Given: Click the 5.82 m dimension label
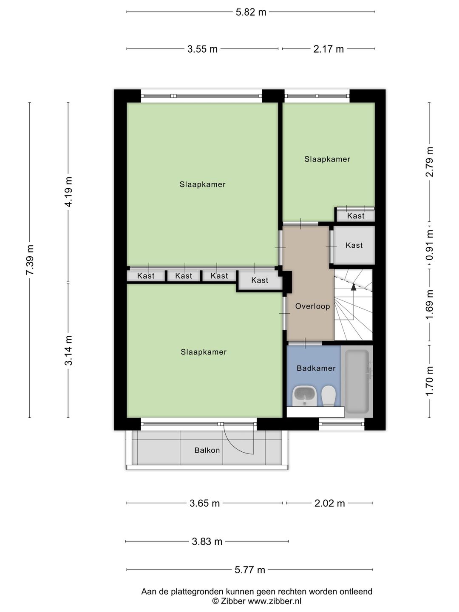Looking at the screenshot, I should (x=251, y=12).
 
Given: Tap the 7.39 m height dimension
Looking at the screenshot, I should (x=30, y=260).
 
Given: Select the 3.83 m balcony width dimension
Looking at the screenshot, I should (x=207, y=541).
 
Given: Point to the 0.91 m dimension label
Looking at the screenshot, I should (x=430, y=245).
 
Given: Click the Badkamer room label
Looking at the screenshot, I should (x=316, y=368).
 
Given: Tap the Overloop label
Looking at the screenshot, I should (x=312, y=306).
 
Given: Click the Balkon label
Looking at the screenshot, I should (x=207, y=450).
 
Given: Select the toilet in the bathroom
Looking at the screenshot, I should (x=328, y=396).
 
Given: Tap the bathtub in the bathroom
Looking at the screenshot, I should (x=357, y=381).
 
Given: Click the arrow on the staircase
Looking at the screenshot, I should (x=353, y=287).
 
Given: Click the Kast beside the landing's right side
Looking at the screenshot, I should (x=354, y=245).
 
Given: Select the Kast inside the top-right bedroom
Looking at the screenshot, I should (x=356, y=216).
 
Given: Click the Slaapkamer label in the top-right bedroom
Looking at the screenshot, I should (x=327, y=159).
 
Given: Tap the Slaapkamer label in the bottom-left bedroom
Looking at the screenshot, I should (x=204, y=352).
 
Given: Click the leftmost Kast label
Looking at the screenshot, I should (x=146, y=276).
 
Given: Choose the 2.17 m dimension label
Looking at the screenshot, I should (x=329, y=49).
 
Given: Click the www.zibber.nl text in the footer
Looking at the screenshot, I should (x=275, y=601).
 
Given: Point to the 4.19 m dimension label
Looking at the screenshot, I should (x=68, y=191).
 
